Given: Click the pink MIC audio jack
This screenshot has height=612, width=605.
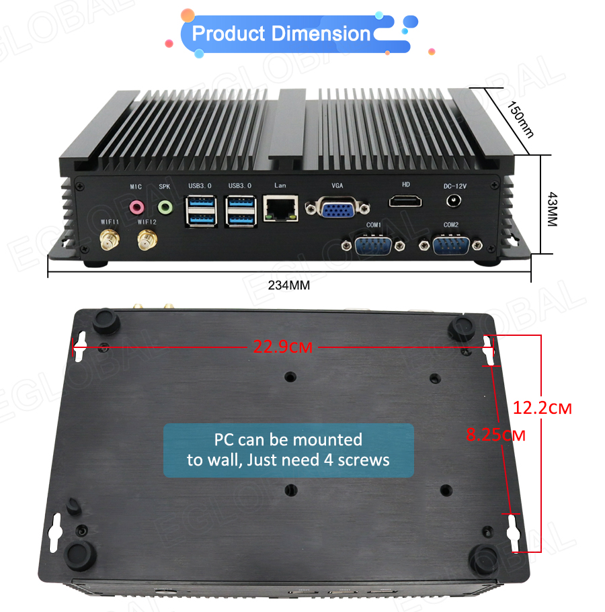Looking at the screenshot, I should pyautogui.click(x=136, y=206).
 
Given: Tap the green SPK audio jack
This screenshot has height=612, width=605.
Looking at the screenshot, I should pyautogui.click(x=165, y=206).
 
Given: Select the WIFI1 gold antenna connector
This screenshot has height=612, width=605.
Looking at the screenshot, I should pyautogui.click(x=107, y=239).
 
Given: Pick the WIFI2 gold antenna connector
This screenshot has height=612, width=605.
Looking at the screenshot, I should pyautogui.click(x=146, y=239).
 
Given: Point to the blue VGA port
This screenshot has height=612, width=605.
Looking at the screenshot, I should pyautogui.click(x=337, y=208).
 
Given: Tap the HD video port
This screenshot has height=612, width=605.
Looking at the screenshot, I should pyautogui.click(x=406, y=201).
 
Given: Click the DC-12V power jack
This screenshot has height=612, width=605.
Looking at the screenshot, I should pyautogui.click(x=455, y=201).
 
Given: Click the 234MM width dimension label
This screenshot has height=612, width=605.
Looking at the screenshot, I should pyautogui.click(x=289, y=285).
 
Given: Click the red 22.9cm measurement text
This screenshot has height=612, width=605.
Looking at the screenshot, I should pyautogui.click(x=282, y=347).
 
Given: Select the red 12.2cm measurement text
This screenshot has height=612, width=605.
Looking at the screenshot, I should pyautogui.click(x=542, y=407).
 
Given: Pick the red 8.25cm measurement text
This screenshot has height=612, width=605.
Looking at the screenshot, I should pyautogui.click(x=496, y=435).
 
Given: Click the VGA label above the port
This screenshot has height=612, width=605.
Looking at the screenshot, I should pyautogui.click(x=337, y=185).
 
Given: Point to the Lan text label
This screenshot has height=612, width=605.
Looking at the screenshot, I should pyautogui.click(x=280, y=185).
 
